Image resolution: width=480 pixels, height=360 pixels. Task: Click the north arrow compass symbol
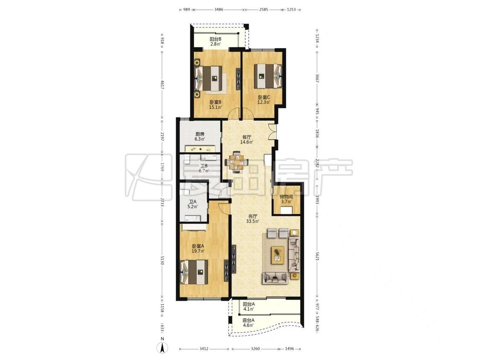[163, 346]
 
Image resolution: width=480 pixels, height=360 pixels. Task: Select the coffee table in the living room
[278, 255]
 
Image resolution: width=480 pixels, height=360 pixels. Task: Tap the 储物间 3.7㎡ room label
[286, 199]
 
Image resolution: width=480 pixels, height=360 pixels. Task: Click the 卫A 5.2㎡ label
[192, 204]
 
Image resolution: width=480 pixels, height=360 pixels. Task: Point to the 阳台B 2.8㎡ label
[215, 41]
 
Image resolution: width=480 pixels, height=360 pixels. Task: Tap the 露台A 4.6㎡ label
[248, 322]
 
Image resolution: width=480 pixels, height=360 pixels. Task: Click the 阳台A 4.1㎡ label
[249, 307]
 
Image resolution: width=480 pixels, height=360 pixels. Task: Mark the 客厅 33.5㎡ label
[253, 218]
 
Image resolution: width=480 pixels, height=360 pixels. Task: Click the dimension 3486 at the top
[218, 9]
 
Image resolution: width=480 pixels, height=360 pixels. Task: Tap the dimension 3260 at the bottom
[255, 348]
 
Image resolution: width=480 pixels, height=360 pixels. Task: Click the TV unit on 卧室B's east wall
[238, 78]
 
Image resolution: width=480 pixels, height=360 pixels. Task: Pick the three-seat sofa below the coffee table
[275, 278]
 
